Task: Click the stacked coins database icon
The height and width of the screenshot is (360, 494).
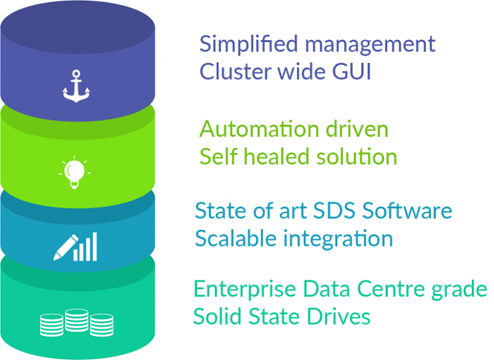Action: coord(77,322)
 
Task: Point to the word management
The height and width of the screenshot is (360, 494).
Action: coord(371,44)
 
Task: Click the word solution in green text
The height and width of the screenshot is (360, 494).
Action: coord(358,157)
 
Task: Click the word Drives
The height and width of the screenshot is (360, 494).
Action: coord(340,317)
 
